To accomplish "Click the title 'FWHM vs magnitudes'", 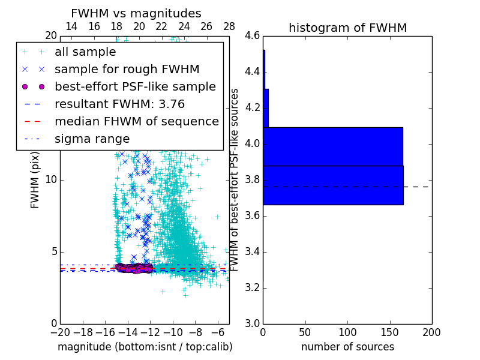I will [136, 14].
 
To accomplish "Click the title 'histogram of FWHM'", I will [347, 28].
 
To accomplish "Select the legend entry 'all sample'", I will [85, 52].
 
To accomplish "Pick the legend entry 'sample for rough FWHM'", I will [127, 70].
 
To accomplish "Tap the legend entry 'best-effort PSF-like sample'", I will [135, 87].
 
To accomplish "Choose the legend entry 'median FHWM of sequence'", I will [136, 122].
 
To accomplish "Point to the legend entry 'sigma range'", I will [92, 139].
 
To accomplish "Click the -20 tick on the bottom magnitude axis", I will [60, 332].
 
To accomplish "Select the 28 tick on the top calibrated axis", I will [229, 27].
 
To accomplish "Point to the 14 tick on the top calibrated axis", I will [71, 27].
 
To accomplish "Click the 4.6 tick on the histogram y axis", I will [252, 36].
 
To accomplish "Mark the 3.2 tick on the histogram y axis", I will [252, 288].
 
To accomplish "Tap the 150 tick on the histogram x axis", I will [389, 332].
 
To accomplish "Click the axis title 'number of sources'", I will [347, 347].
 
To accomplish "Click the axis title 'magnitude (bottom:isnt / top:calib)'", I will [145, 347].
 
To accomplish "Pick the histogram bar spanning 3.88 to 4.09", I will [332, 146].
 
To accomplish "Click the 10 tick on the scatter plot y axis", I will [52, 180].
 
